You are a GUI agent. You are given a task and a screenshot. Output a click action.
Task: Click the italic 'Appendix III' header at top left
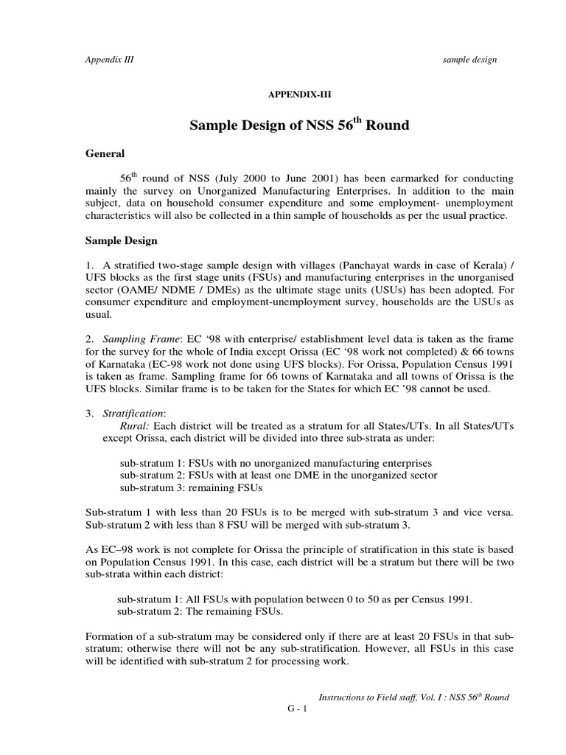click(110, 60)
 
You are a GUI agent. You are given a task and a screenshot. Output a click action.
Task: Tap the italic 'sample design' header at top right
click(469, 60)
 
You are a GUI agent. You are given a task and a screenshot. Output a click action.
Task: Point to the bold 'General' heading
click(105, 153)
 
